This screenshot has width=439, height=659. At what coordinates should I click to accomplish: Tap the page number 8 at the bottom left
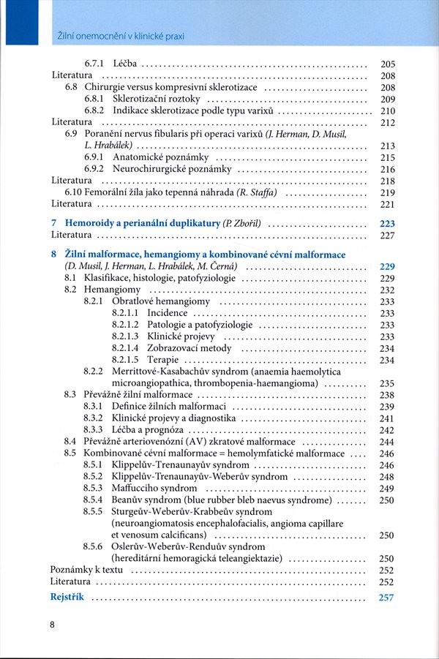(x=52, y=624)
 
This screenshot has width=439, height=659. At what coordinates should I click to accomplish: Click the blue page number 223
(x=387, y=223)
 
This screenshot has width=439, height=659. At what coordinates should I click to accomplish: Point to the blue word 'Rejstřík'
(x=67, y=597)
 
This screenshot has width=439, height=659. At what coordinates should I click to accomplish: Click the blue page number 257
(x=387, y=598)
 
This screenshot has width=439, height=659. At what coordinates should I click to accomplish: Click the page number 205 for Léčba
(x=388, y=64)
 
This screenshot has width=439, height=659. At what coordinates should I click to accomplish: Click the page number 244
(x=387, y=442)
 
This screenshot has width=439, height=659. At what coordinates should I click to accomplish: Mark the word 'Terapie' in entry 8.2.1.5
(x=162, y=360)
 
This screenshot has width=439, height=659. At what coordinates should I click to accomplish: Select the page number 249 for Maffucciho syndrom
(x=387, y=489)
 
